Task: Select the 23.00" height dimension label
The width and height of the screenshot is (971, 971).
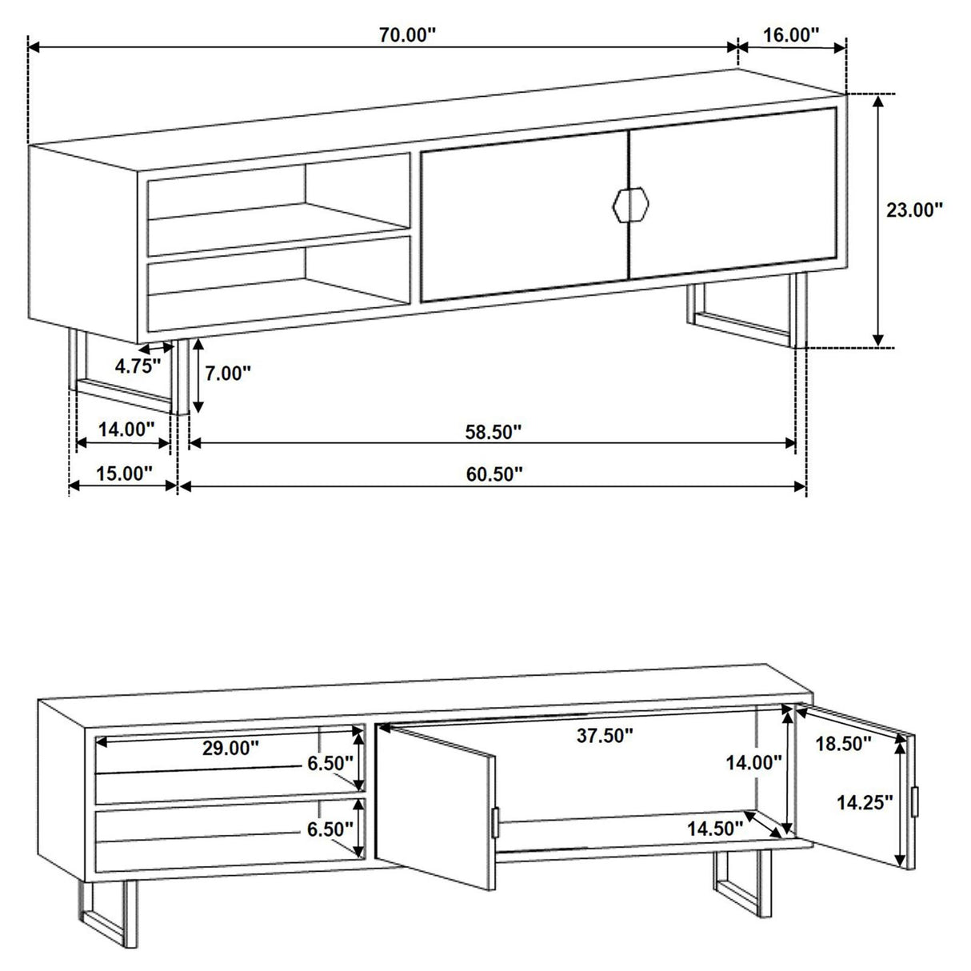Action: (x=914, y=210)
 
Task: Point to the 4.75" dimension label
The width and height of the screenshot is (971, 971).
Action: (x=138, y=366)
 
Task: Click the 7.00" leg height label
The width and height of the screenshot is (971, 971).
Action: (x=228, y=373)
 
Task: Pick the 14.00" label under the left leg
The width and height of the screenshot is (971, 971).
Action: (x=126, y=430)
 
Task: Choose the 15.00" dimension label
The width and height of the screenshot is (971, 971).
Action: (x=124, y=473)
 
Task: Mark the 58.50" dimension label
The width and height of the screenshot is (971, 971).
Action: (x=493, y=431)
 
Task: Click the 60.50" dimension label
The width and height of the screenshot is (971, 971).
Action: (x=494, y=474)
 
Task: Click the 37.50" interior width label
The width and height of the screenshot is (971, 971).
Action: (x=605, y=736)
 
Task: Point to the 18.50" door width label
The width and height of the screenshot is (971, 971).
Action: (x=843, y=744)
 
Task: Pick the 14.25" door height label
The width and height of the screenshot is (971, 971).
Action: (x=865, y=802)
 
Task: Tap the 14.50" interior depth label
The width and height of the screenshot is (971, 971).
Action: (x=715, y=829)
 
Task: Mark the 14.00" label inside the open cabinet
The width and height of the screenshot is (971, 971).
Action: (x=753, y=762)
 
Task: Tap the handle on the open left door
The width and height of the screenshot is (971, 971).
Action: (x=496, y=821)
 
